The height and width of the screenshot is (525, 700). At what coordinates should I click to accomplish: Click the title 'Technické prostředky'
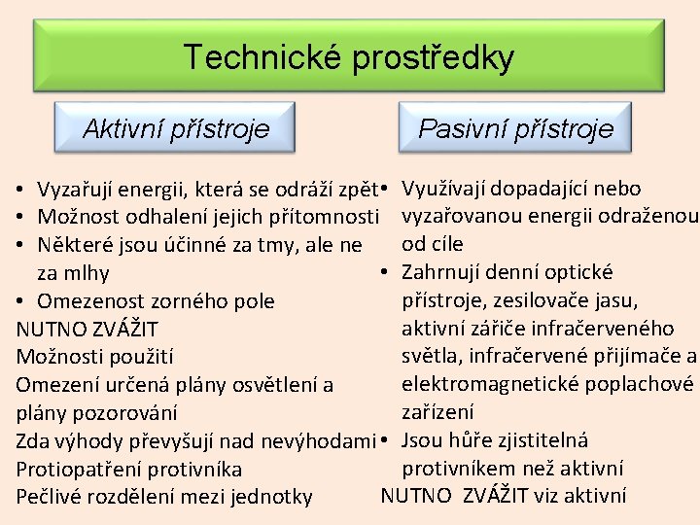[349, 57]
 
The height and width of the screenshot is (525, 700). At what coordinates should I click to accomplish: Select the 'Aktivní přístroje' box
[176, 127]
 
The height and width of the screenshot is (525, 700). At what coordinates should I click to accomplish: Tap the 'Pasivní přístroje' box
[515, 128]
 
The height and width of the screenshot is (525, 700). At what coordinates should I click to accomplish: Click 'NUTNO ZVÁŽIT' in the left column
[87, 329]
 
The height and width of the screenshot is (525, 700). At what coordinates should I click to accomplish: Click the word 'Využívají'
[448, 188]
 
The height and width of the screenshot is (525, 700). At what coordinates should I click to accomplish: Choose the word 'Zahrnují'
[442, 271]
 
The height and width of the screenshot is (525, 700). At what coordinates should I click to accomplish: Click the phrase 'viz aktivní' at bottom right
[580, 496]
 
